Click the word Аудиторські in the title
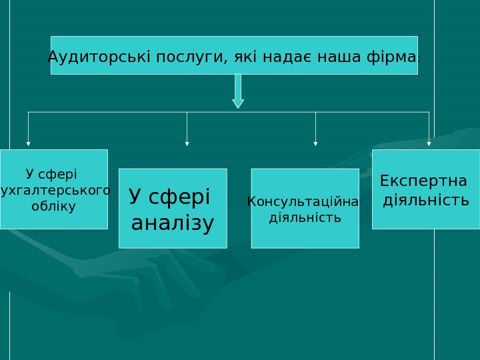(100, 55)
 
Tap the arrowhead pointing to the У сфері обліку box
(28, 143)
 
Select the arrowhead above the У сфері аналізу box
(187, 143)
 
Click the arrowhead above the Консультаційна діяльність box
(315, 143)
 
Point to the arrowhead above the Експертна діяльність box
(429, 143)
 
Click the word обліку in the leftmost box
(54, 206)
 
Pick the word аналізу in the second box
(173, 223)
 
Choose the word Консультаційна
(303, 201)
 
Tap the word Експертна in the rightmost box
(423, 181)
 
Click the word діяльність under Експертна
(426, 200)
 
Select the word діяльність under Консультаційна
(305, 217)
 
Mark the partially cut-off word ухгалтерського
(56, 191)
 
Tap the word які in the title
(244, 55)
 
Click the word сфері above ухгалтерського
(59, 175)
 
